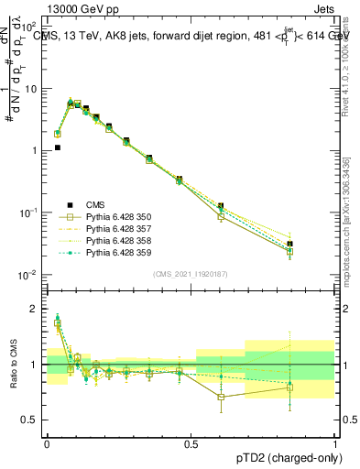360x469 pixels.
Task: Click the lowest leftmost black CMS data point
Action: click(x=57, y=147)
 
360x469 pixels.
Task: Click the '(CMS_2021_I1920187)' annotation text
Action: click(x=191, y=274)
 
